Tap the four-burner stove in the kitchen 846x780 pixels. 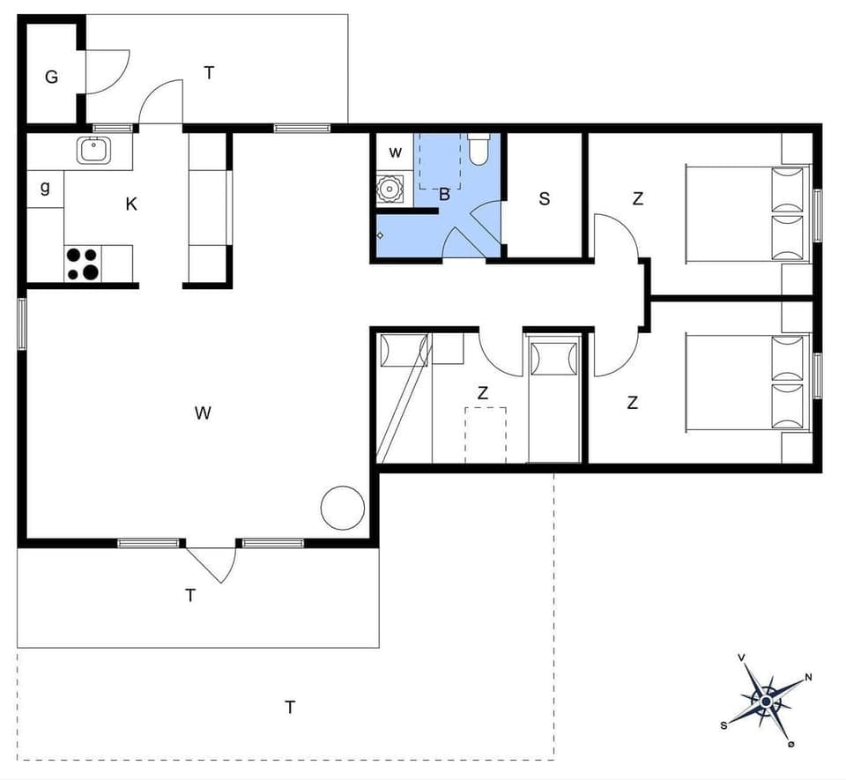(82, 264)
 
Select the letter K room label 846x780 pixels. (131, 204)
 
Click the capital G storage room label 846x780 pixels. (52, 78)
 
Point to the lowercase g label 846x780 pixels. (44, 188)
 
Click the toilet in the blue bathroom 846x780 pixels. (479, 151)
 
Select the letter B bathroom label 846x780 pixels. (445, 195)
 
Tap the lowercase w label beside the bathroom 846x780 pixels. (396, 152)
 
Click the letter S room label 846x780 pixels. (545, 199)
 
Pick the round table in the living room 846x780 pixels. (342, 508)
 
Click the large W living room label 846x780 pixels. (204, 412)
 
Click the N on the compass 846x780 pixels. (808, 679)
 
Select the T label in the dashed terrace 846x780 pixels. (289, 707)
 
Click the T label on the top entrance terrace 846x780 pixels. (210, 73)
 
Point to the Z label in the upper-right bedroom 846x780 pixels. (637, 199)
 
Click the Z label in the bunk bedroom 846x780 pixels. (483, 394)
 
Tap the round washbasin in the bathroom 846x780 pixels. (388, 189)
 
